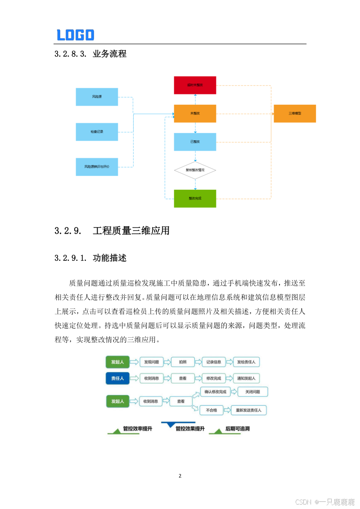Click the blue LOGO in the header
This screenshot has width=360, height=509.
point(75,35)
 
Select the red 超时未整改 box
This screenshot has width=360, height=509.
point(195,85)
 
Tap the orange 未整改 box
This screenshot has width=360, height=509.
point(195,113)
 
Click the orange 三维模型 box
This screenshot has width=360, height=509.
point(295,113)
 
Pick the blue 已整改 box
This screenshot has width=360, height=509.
point(195,142)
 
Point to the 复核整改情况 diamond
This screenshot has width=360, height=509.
point(195,170)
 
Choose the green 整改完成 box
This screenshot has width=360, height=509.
point(195,198)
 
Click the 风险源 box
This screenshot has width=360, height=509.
point(97,97)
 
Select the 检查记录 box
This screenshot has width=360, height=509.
point(97,132)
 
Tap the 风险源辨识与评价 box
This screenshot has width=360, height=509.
point(97,167)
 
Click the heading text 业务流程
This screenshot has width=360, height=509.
point(109,54)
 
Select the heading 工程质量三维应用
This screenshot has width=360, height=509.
point(131,231)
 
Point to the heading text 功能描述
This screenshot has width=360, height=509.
point(109,258)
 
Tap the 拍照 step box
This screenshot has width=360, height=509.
point(182,362)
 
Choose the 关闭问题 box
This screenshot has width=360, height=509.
point(252,392)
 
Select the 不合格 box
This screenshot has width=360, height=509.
point(211,410)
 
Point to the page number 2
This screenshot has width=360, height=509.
point(180,476)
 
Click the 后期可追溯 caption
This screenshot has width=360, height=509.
point(237,429)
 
